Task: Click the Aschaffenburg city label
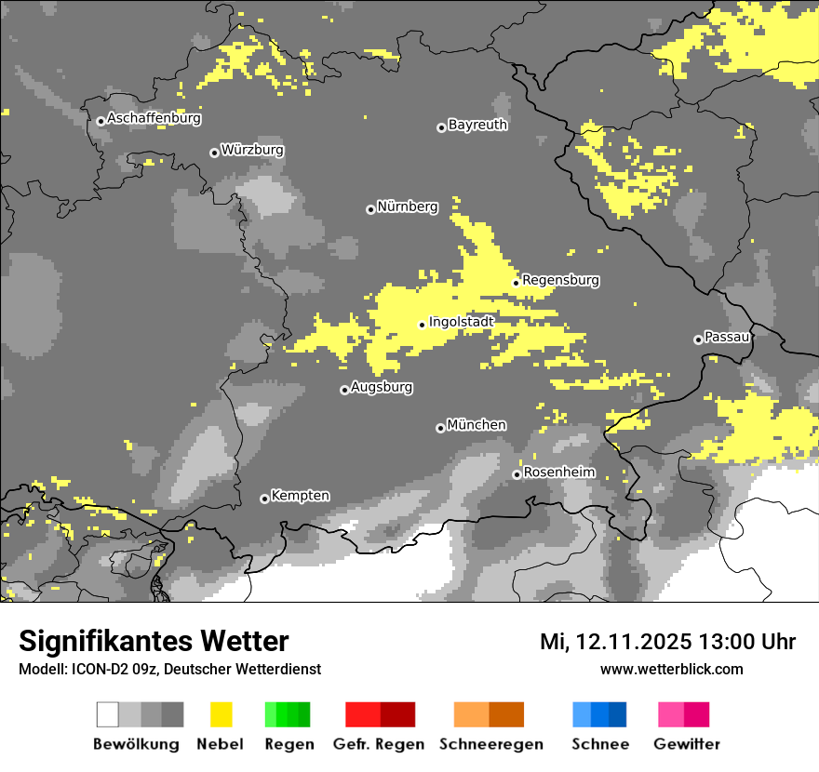154,119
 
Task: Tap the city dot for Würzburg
214,153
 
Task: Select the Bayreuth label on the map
477,125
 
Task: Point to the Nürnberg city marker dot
370,209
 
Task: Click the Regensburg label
560,280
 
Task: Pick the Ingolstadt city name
462,322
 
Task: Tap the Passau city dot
698,339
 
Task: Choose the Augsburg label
382,387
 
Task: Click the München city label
477,425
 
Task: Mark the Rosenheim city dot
517,474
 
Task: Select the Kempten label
300,496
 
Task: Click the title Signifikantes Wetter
154,641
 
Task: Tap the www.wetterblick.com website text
671,669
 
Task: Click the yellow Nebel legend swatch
221,714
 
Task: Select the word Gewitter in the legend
687,744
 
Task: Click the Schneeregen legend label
490,744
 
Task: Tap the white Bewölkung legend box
108,714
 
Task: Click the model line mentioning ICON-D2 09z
169,669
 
